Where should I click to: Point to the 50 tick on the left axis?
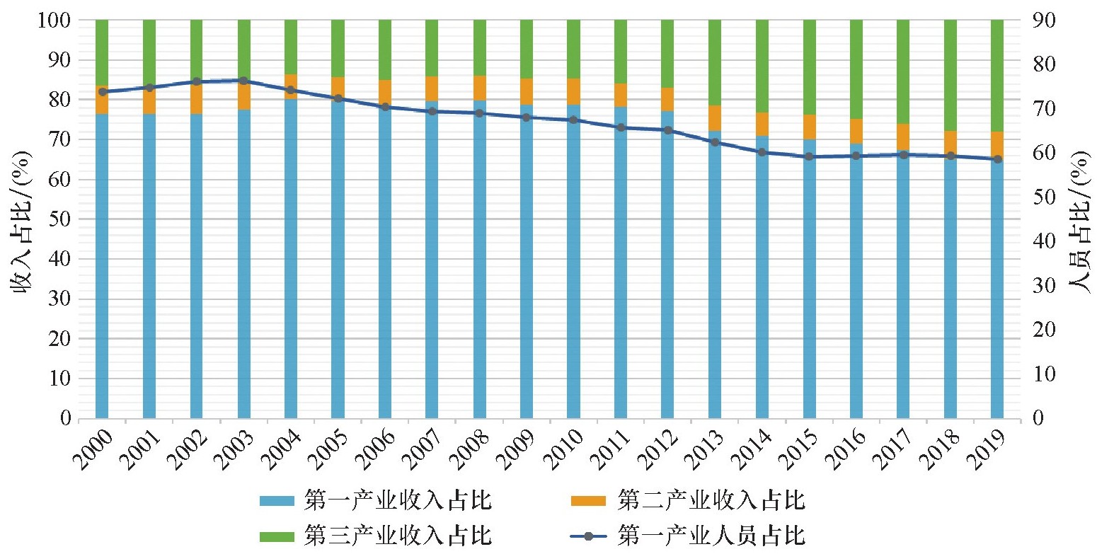click(62, 219)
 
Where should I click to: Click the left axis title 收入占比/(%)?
click(21, 219)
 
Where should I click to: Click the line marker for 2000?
click(102, 91)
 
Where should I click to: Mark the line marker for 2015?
click(809, 156)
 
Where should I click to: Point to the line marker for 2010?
click(573, 120)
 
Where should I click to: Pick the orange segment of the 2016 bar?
click(856, 131)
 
